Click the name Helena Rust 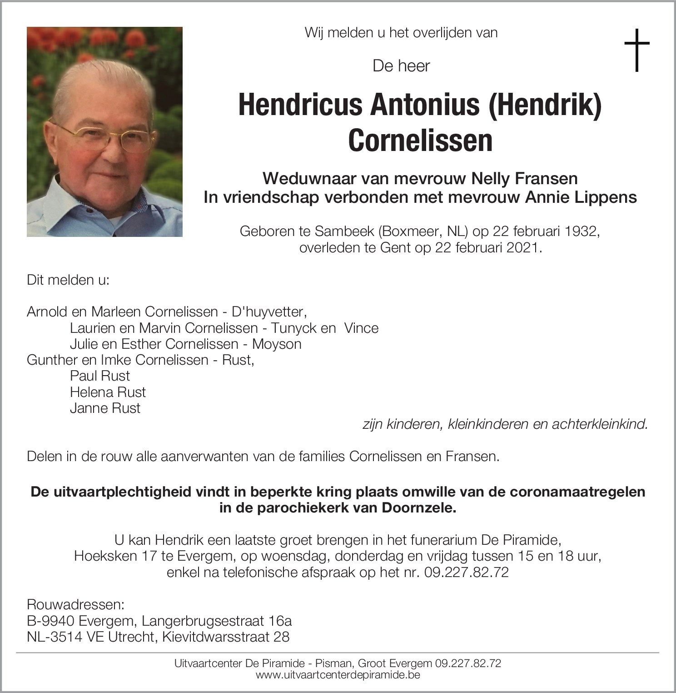[108, 392]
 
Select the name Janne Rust [105, 408]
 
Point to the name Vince [361, 328]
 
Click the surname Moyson [277, 344]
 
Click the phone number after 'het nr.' [467, 572]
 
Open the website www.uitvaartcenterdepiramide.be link [338, 675]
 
